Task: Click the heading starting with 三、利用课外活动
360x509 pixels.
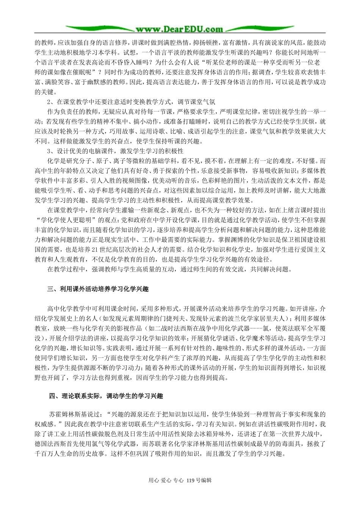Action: coord(98,289)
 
